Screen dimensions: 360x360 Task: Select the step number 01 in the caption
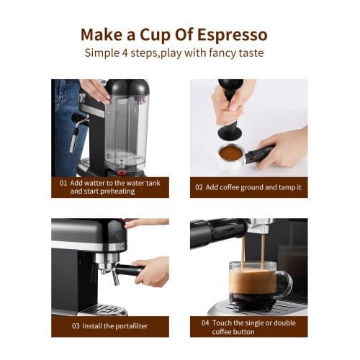63,183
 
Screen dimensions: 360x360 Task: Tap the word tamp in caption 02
281,187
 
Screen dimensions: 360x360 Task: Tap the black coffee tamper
230,115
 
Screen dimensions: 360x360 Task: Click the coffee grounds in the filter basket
230,153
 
